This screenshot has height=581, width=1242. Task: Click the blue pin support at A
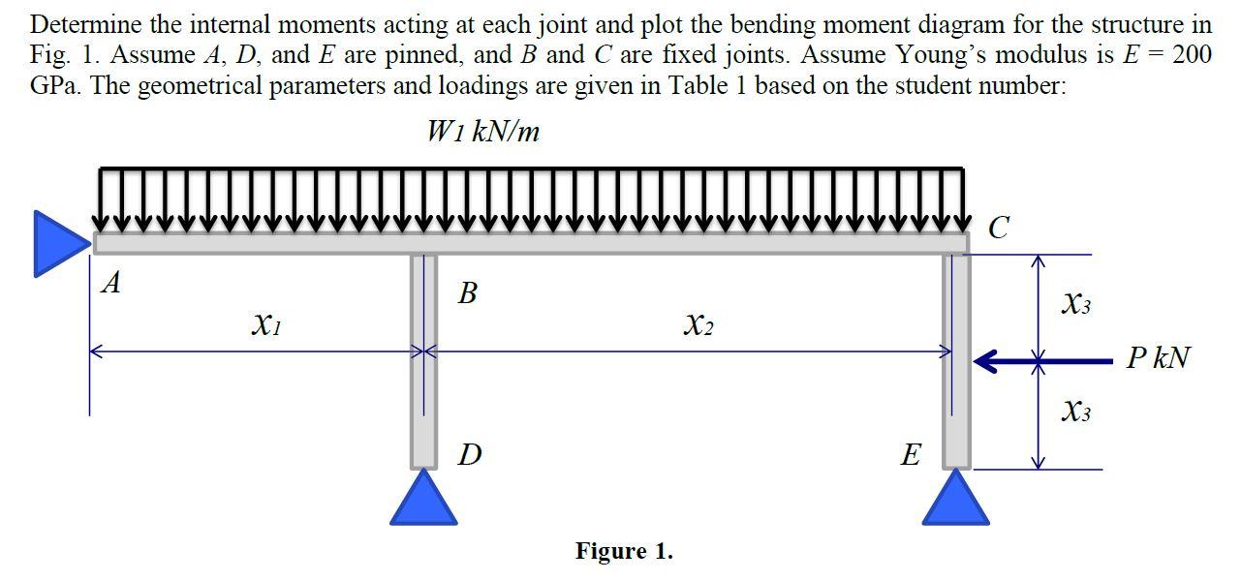(x=56, y=243)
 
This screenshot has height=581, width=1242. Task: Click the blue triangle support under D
(x=423, y=500)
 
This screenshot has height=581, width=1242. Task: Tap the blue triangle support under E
(x=956, y=500)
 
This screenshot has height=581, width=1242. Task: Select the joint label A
(x=112, y=283)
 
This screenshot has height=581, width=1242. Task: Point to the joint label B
(x=467, y=292)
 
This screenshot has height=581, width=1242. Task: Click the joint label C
(x=999, y=229)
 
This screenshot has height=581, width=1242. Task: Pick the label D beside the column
(x=469, y=453)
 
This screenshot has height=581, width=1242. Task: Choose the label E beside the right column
(x=911, y=454)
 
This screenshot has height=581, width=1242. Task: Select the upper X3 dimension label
(x=1076, y=304)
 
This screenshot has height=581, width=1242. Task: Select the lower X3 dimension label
(x=1076, y=412)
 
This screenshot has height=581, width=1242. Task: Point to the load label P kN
(x=1158, y=359)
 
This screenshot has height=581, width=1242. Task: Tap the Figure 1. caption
(x=624, y=551)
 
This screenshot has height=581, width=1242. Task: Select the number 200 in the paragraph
(x=1191, y=54)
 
